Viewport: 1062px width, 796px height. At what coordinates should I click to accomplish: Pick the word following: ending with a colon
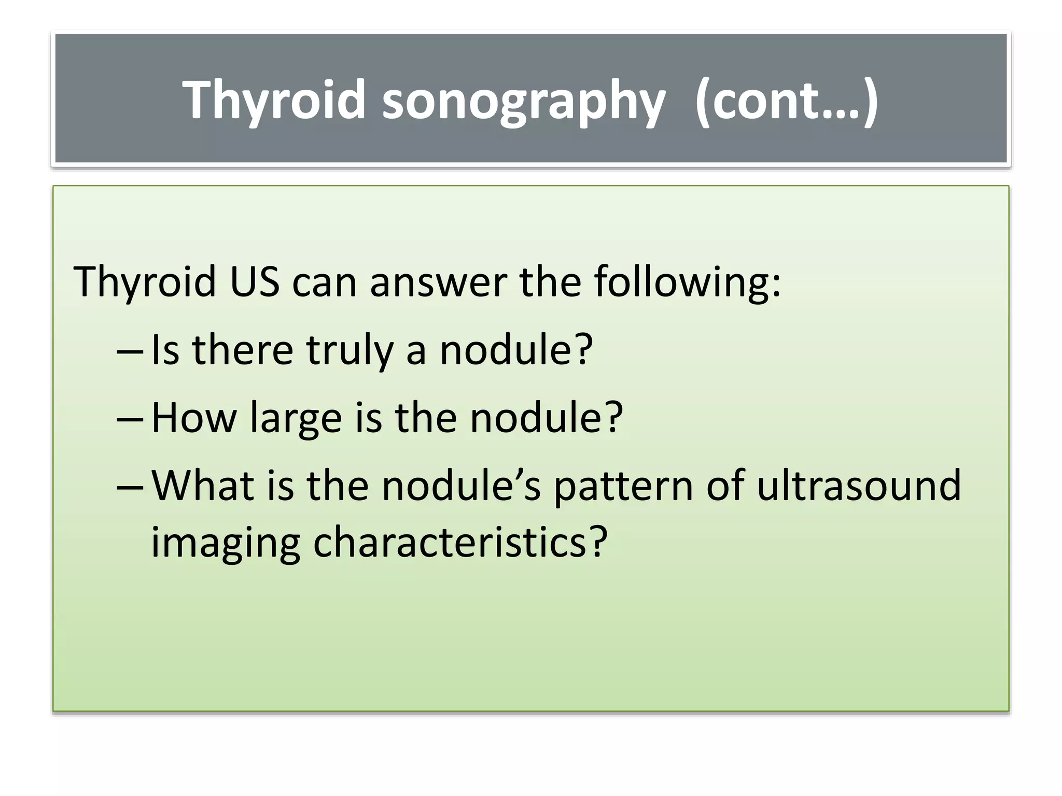pyautogui.click(x=687, y=282)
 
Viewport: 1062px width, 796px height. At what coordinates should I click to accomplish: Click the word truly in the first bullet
pyautogui.click(x=350, y=351)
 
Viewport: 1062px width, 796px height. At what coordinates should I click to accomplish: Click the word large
pyautogui.click(x=295, y=419)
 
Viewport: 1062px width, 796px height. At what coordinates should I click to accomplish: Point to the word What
pyautogui.click(x=203, y=486)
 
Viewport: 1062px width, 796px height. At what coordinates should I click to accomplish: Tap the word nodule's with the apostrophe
pyautogui.click(x=461, y=486)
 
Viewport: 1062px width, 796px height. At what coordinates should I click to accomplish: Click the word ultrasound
pyautogui.click(x=859, y=486)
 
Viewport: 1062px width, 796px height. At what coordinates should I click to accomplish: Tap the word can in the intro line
pyautogui.click(x=325, y=282)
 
